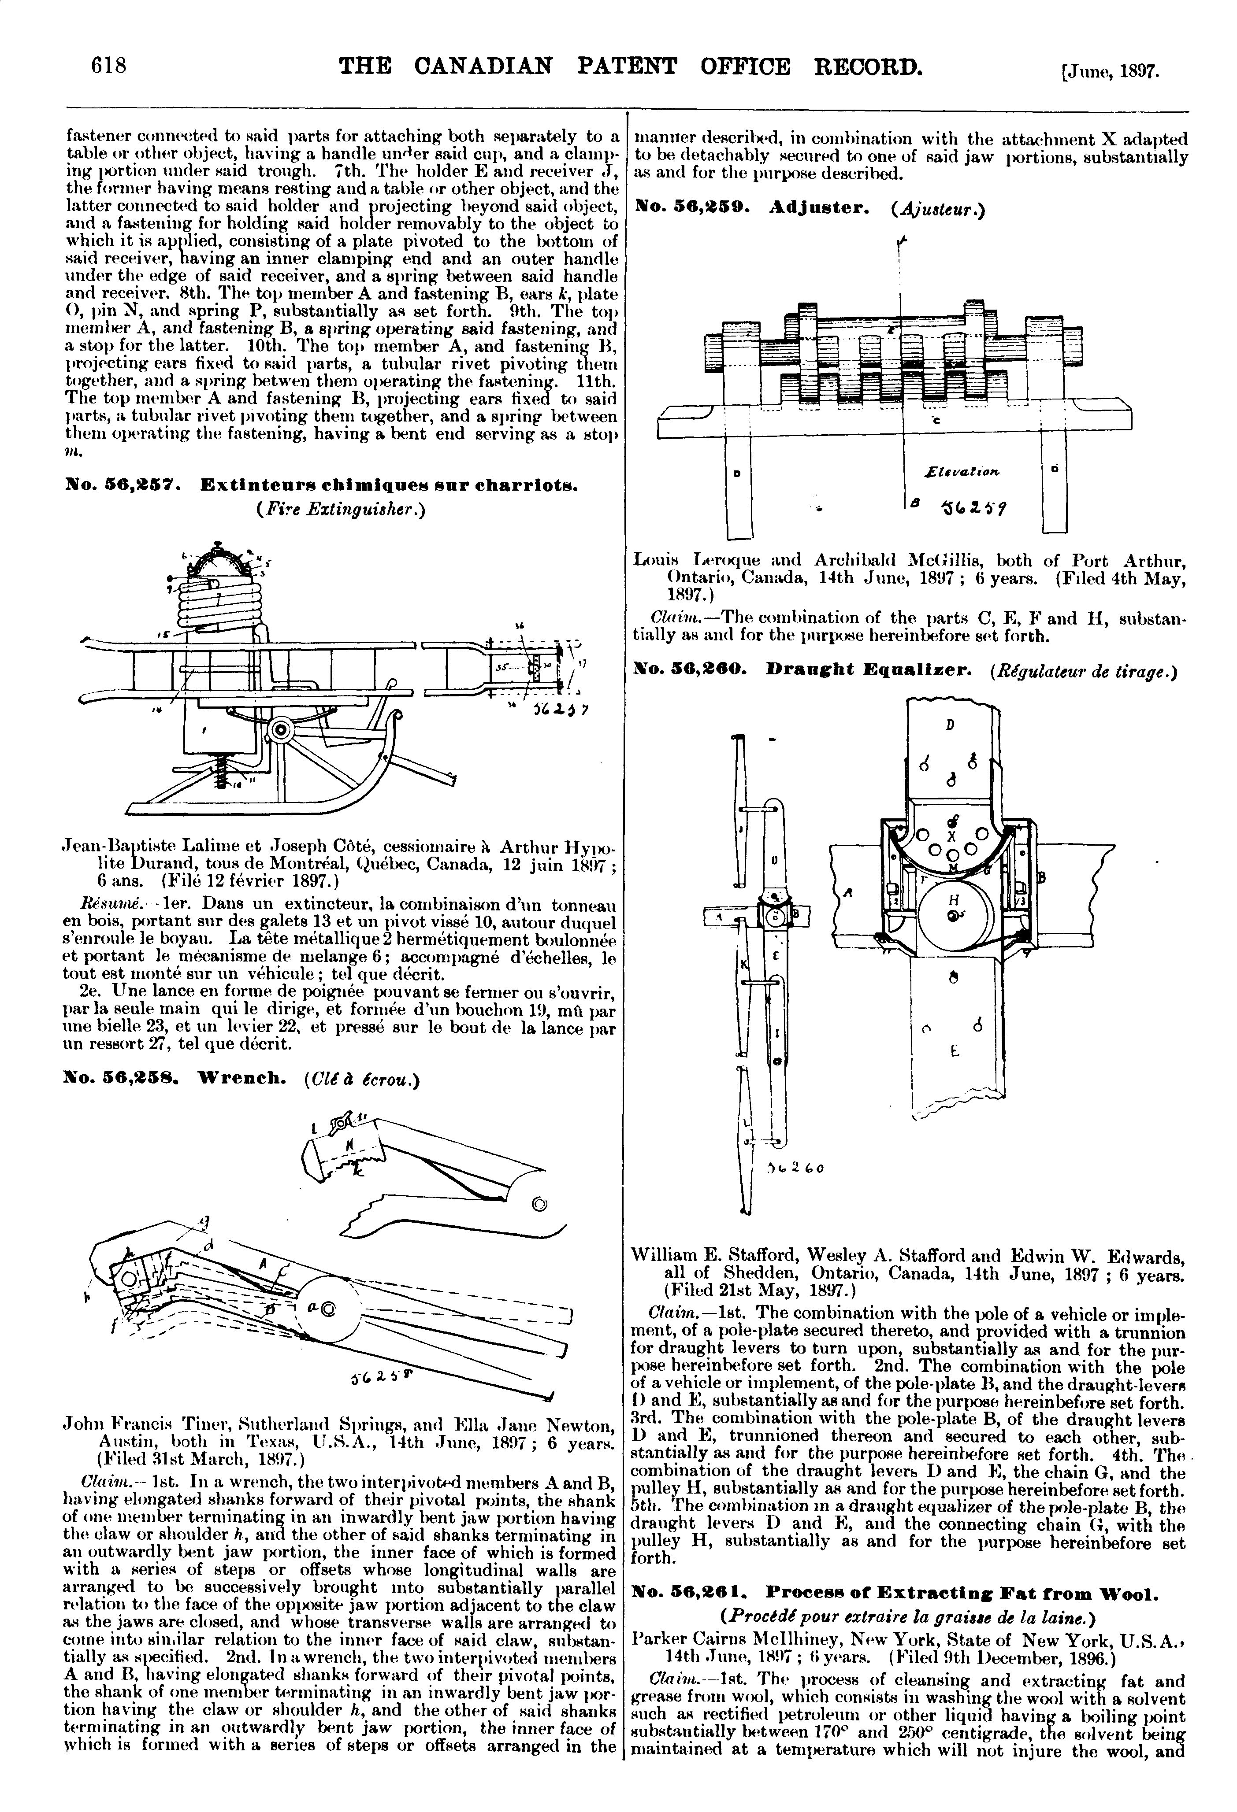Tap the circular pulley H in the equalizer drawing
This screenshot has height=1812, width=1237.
955,916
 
